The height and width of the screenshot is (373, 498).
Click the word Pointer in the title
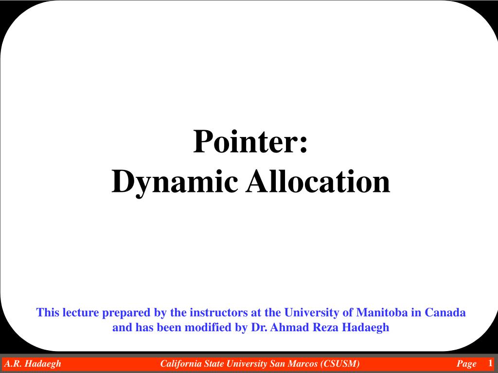tap(247, 141)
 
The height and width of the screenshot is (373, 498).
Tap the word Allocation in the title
tap(318, 181)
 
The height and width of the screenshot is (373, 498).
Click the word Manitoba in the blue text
tap(382, 312)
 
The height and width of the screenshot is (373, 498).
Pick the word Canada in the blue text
tap(445, 312)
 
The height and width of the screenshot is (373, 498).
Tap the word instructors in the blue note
tap(219, 312)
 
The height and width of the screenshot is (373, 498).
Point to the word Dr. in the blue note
tap(259, 327)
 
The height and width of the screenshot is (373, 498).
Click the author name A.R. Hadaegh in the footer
tap(33, 363)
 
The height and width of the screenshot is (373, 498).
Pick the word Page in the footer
tap(466, 364)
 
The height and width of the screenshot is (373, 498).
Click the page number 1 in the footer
tap(491, 362)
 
